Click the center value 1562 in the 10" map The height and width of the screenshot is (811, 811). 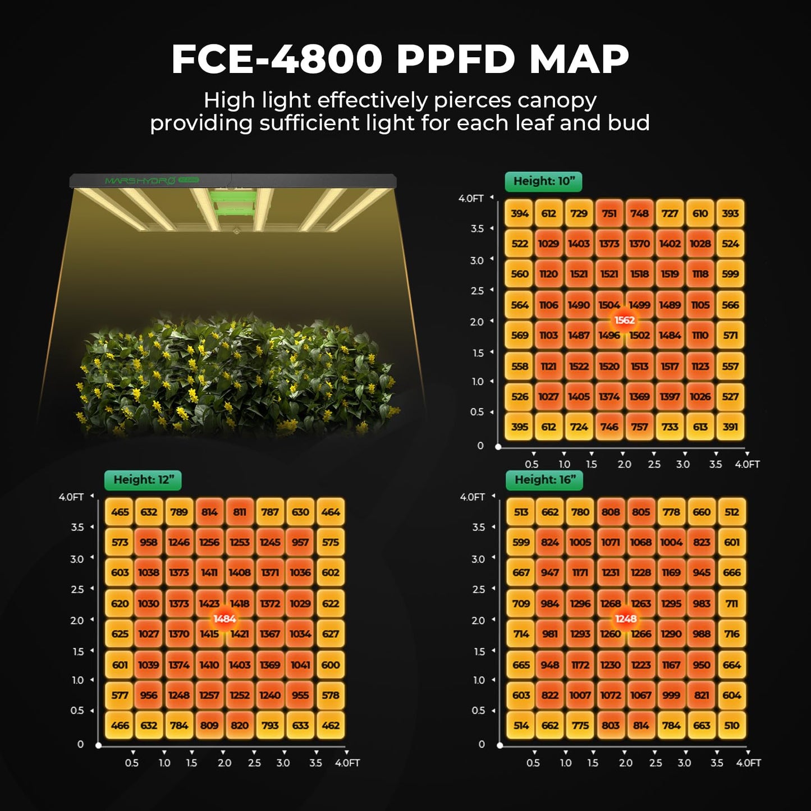click(x=624, y=320)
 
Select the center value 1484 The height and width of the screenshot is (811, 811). click(x=224, y=618)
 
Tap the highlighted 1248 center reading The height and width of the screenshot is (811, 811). click(x=626, y=618)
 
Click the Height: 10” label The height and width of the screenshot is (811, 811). click(x=544, y=181)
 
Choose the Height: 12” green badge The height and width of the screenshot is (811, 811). click(x=143, y=480)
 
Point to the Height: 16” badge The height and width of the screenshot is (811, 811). click(x=545, y=480)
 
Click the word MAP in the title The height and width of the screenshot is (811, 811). click(x=579, y=59)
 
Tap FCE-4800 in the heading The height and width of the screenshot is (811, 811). click(x=277, y=59)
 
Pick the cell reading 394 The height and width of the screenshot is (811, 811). click(x=520, y=214)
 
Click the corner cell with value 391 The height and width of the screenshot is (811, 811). click(x=730, y=427)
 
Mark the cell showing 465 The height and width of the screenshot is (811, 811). click(x=120, y=512)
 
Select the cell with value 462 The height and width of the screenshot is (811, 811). click(x=331, y=726)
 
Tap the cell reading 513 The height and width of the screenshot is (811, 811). click(x=521, y=512)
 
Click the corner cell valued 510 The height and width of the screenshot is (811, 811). click(x=732, y=726)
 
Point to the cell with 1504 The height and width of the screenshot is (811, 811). click(x=608, y=305)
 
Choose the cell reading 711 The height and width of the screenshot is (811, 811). click(x=732, y=604)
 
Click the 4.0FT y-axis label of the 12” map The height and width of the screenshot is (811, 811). click(x=71, y=497)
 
